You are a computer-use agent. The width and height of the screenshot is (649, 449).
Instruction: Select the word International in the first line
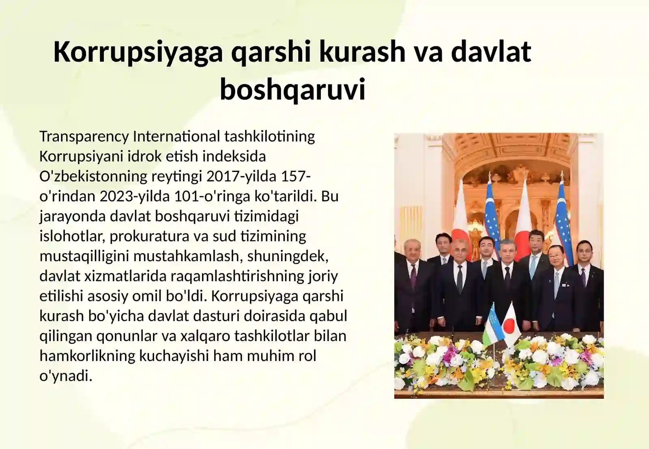176,136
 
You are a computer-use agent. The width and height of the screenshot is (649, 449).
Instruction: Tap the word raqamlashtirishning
237,276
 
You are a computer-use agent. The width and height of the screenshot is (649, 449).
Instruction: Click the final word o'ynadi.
66,376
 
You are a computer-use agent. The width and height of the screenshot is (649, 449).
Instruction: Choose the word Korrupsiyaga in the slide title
138,52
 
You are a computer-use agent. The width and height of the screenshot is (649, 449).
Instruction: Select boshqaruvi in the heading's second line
292,89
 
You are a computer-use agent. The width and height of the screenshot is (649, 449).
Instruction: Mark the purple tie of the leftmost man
413,278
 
